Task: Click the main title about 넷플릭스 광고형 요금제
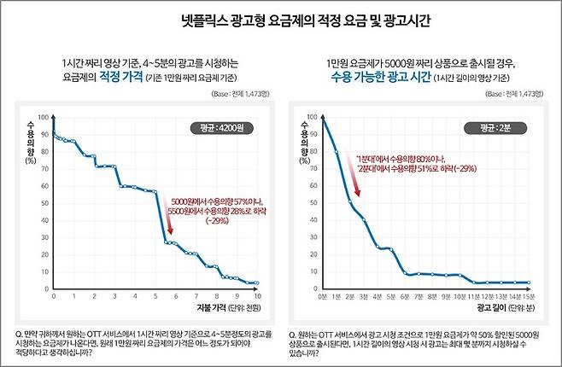coord(281,18)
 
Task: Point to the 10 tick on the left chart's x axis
coord(257,297)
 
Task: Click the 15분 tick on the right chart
coord(530,297)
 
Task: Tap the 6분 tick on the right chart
coord(405,297)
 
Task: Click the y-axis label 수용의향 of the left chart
coord(32,142)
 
